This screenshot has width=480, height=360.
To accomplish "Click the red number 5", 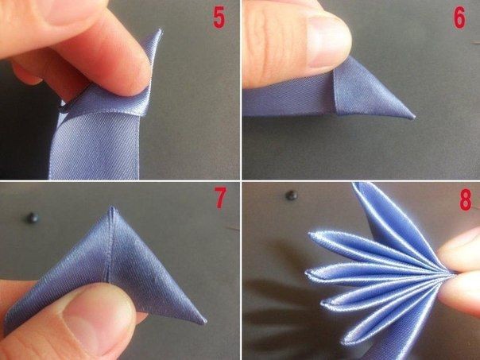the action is [219, 18].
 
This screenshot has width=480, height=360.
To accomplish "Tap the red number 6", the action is [459, 18].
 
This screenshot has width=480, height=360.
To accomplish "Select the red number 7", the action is [220, 198].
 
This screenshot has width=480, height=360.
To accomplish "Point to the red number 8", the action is [466, 200].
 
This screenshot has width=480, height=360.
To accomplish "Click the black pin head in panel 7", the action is [33, 218].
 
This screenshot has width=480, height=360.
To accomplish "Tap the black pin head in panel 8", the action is [292, 195].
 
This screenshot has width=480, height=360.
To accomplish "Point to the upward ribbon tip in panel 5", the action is [160, 31].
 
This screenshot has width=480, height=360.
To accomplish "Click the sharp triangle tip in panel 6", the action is [414, 117].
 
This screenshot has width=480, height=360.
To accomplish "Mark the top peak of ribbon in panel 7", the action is [112, 208].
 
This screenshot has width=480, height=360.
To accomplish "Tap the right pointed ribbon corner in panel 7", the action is [204, 321].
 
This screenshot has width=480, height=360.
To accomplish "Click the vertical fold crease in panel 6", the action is [335, 92].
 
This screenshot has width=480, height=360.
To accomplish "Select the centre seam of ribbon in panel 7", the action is [110, 245].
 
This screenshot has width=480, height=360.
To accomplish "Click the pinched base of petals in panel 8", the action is [449, 273].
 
